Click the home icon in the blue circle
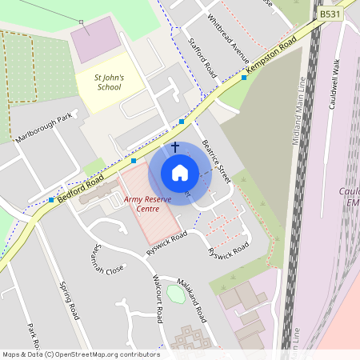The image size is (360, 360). coord(180,173)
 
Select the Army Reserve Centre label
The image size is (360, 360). coord(147,203)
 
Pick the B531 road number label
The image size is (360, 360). coord(330,14)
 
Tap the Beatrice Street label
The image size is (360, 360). coord(216,159)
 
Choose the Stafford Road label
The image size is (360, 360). coord(203,55)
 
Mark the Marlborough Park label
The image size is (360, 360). coord(45,124)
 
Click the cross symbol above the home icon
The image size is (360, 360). coord(175,147)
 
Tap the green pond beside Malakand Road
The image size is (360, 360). coord(175,293)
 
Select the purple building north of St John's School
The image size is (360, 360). coord(99,39)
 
